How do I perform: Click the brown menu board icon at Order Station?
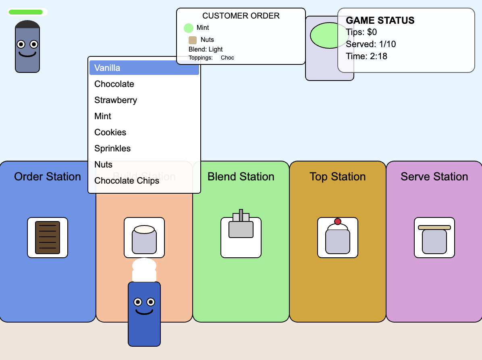point(48,238)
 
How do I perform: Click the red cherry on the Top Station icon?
point(338,221)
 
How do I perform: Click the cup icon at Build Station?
point(144,239)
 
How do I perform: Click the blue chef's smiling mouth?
point(144,312)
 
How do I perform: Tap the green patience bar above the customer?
point(25,12)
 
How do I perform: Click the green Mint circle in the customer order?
point(189,28)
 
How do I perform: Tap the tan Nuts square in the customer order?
point(193,40)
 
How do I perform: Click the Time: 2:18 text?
point(366,56)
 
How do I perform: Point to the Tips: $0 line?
point(361,32)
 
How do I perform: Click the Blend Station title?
point(241,176)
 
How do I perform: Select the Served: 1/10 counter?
point(371,44)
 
